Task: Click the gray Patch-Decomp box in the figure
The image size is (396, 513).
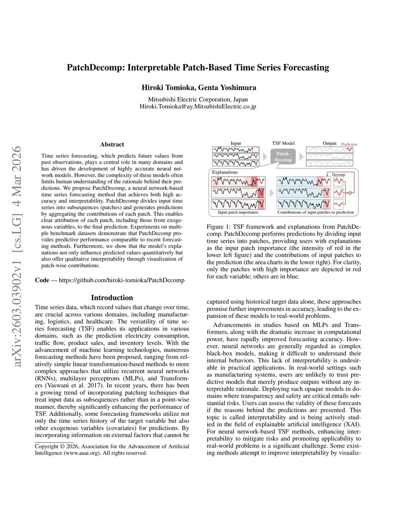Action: [283, 156]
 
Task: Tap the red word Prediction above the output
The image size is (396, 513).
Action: [349, 144]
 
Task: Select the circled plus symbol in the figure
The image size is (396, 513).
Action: [350, 193]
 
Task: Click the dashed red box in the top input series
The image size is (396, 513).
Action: [255, 149]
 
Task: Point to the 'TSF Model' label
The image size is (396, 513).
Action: [283, 143]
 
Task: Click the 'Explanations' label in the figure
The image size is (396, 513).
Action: [225, 172]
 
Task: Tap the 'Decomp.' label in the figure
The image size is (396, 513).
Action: [339, 175]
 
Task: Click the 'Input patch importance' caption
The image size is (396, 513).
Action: [238, 212]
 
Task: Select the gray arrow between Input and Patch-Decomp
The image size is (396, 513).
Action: [265, 157]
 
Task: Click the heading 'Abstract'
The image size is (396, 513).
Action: [112, 144]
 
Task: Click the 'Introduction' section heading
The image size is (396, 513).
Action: [112, 298]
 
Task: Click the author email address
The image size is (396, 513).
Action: [198, 106]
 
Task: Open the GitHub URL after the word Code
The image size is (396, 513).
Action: [121, 280]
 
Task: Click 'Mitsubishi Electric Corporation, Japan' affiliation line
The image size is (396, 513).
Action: [198, 100]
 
